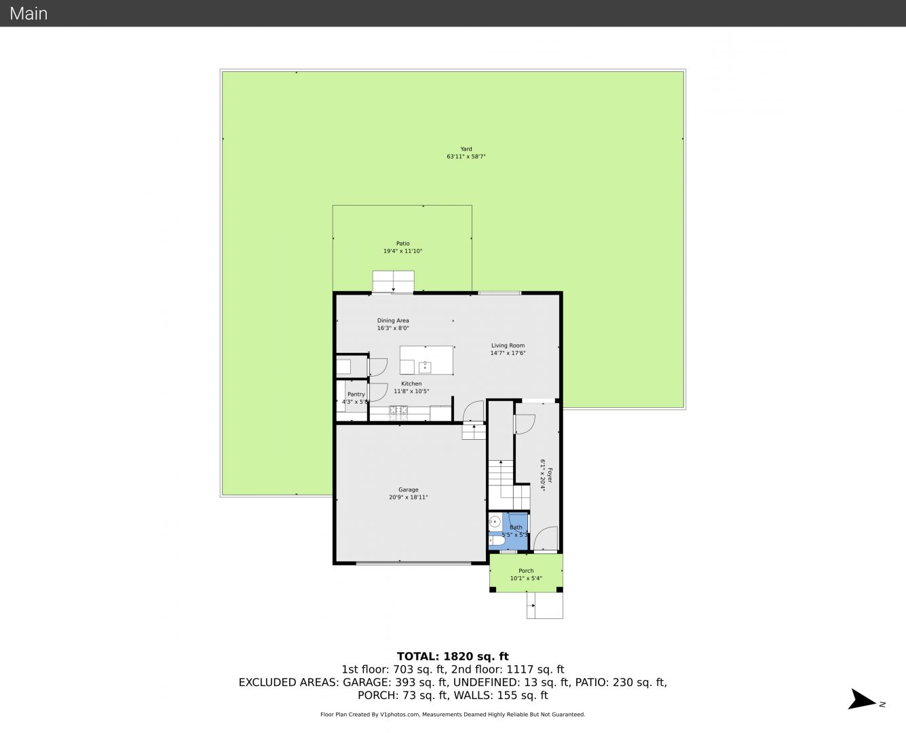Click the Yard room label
[x=466, y=149]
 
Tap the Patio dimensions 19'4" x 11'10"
[x=403, y=251]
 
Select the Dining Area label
[x=393, y=320]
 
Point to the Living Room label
[x=508, y=345]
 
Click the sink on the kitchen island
[x=425, y=366]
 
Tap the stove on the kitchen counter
[x=399, y=411]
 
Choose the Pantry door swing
[x=378, y=392]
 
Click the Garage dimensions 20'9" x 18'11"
[x=409, y=497]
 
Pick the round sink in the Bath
[x=494, y=521]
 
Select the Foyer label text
[x=550, y=475]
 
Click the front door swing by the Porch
[x=546, y=538]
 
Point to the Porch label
[x=526, y=571]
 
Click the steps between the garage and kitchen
[x=474, y=432]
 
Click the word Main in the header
[x=29, y=14]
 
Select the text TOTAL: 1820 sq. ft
[x=453, y=656]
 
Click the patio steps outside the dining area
[x=394, y=281]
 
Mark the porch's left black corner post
[x=493, y=589]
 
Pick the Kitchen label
[x=411, y=383]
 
